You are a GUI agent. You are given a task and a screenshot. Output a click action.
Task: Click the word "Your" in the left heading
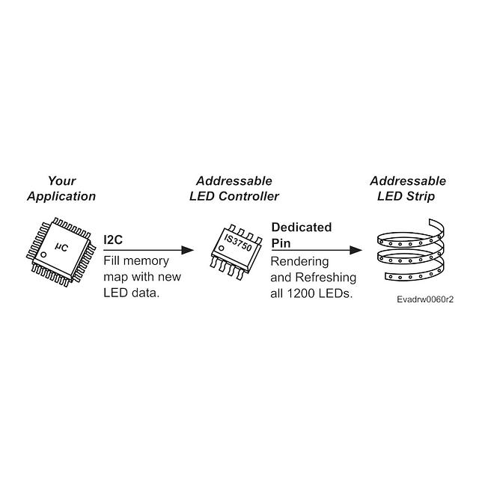coord(61,181)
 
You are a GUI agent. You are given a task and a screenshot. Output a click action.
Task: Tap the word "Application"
coord(61,196)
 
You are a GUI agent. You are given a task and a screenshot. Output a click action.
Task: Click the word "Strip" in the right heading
coord(421,196)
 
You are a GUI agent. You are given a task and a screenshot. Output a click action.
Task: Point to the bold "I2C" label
coord(113,239)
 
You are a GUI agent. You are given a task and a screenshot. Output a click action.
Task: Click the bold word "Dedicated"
coord(302,228)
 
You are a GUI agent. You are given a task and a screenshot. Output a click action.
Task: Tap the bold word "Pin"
coord(281,243)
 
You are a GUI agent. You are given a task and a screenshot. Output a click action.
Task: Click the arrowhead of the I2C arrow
coord(187,250)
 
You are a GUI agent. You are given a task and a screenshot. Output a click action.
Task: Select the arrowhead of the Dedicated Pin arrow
coord(356,250)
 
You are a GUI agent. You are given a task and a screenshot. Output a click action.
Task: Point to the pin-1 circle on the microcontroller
coord(43,254)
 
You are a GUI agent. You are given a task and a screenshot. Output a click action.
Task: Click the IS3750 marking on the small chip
coord(238,242)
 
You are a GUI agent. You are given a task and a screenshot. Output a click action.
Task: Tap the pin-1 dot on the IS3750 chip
coord(222,248)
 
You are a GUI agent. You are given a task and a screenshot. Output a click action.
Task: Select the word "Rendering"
coord(299,262)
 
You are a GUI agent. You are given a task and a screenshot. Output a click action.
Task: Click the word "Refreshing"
coord(326,278)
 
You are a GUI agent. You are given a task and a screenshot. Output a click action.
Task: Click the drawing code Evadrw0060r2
coord(425,299)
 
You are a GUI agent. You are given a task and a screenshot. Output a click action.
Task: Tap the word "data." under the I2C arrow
coord(146,293)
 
